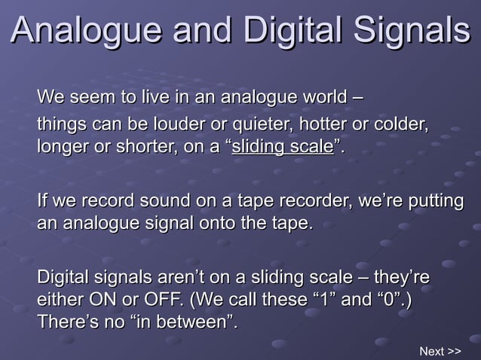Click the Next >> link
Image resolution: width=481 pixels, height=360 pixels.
point(440,351)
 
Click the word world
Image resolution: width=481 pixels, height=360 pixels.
point(320,98)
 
